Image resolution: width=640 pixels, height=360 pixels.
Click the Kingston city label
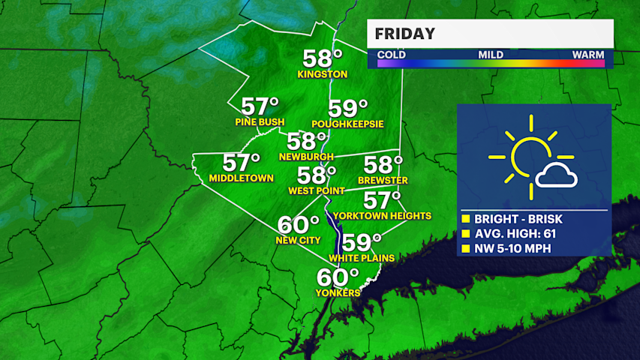pos(323,74)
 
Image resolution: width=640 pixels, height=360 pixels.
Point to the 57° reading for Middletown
pos(242,163)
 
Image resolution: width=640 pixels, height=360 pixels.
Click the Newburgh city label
pos(305,156)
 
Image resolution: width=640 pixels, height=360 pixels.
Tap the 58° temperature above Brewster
pos(383,165)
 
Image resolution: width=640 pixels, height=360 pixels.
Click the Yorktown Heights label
pos(383,215)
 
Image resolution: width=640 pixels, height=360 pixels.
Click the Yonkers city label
pos(338,292)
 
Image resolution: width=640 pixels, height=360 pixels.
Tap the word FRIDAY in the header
pos(405,34)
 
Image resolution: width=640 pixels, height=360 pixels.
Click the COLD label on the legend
pos(392,54)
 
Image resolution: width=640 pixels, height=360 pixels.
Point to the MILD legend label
pos(491,54)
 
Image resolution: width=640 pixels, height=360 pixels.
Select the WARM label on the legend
pos(588,54)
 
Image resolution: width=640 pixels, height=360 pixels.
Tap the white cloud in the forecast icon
pos(556,177)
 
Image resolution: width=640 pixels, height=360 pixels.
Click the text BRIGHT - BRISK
pos(518,219)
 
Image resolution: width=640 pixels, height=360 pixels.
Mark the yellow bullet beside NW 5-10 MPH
pos(465,248)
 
